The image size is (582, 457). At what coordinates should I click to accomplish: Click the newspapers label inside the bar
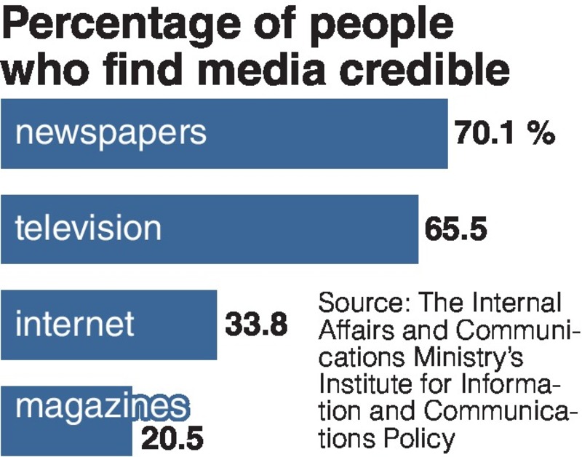[111, 134]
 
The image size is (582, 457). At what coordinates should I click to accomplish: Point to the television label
[88, 228]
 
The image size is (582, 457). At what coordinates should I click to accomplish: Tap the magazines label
[101, 408]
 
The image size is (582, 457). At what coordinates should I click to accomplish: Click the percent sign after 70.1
[542, 134]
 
